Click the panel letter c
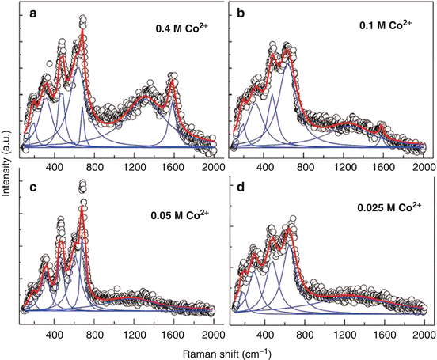click(29, 188)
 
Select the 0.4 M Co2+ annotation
click(183, 30)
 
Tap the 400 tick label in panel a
click(55, 168)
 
